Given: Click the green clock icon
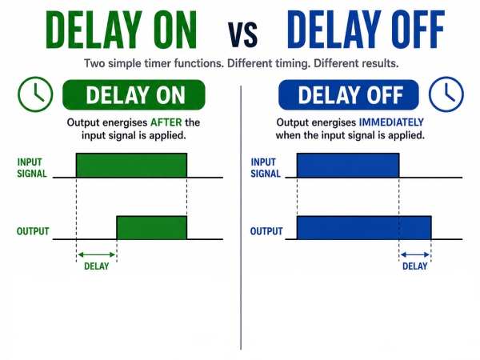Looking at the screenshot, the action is pos(35,94).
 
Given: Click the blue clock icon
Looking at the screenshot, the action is pos(446,94).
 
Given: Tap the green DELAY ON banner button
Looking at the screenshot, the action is pos(134,95).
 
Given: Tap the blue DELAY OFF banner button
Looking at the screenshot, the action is pos(349,95).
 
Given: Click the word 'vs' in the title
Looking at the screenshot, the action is pos(242,34).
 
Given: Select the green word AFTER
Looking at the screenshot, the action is pos(166,122).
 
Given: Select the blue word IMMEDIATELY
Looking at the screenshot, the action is pos(391,122).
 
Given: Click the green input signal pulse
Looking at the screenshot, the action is pos(132,166).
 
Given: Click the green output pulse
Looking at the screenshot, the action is pos(152,228).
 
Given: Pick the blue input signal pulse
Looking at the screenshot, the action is pos(348,166).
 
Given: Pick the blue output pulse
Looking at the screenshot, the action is pos(364,228).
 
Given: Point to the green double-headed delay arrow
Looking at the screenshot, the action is pos(97,254).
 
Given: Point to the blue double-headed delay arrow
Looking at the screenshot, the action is pos(415,254).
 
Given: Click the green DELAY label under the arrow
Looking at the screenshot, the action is pos(97,266).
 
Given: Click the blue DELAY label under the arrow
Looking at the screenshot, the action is pos(414,266).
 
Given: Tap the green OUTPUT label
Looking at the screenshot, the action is pos(33,231).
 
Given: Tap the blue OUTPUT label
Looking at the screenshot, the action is pos(266,231).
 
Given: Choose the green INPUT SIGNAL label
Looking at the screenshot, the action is pos(32,168).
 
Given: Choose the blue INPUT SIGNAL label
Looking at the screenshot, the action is pos(266,168).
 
